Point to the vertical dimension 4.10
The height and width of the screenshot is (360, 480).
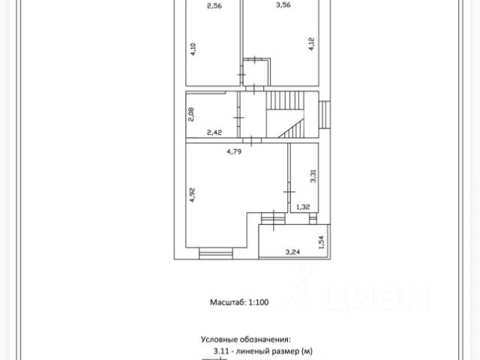[x=193, y=50]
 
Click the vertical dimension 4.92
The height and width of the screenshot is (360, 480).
[x=193, y=196]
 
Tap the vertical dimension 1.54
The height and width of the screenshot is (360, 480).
[x=321, y=242]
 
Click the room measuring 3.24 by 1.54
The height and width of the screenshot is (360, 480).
[x=292, y=241]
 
